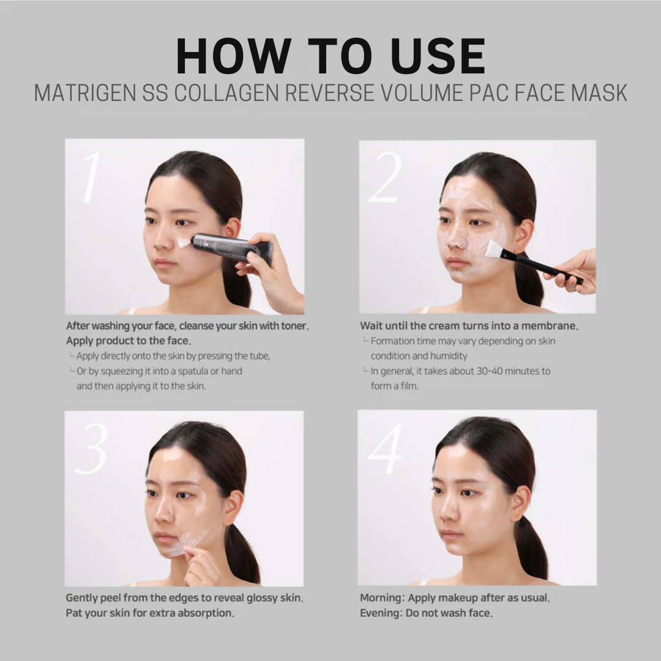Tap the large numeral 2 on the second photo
coord(385,177)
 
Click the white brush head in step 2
coord(494,250)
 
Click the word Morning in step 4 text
coord(381,598)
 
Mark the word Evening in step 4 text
coord(380,613)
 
